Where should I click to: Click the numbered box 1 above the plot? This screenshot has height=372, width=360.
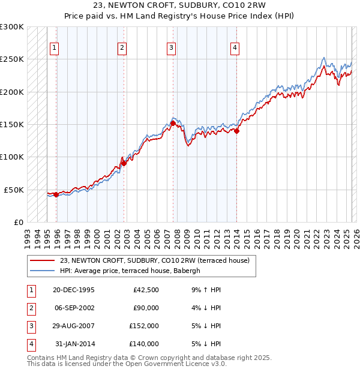55,49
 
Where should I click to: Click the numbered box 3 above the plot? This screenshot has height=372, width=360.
171,49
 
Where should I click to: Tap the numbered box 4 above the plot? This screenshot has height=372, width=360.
235,49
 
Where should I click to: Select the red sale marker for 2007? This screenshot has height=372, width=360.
173,123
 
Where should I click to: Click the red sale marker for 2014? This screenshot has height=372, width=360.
236,131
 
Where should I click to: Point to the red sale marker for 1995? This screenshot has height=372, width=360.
56,194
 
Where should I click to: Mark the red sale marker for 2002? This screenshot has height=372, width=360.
123,163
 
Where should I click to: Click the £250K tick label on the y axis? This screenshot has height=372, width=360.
13,59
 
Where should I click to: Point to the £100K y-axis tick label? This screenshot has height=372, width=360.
13,157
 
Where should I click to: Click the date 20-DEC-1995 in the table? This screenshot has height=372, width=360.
74,290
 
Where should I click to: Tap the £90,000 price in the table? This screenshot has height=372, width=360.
146,308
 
